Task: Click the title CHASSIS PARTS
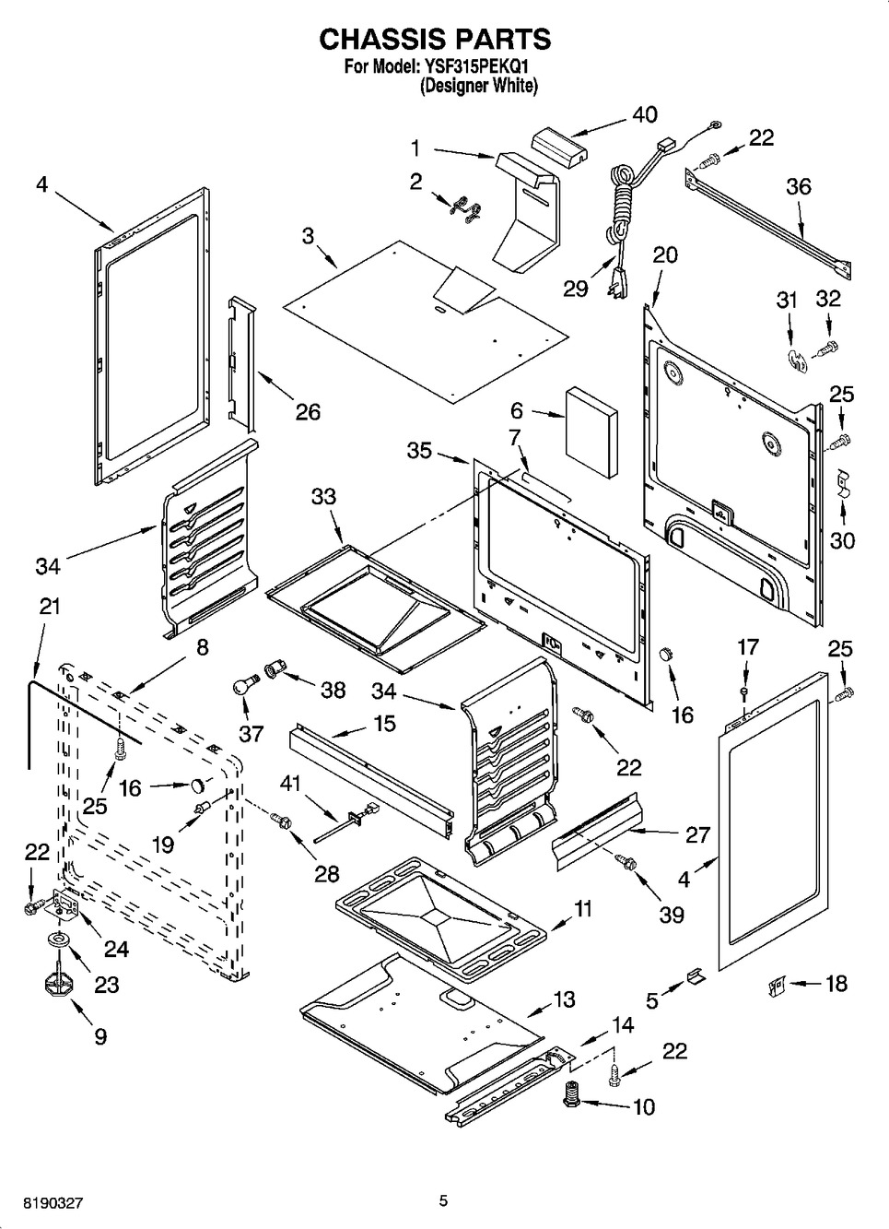[x=435, y=39]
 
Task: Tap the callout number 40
[x=645, y=115]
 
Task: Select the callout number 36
[x=798, y=186]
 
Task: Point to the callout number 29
[x=576, y=289]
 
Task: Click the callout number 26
[x=308, y=411]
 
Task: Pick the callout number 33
[x=323, y=497]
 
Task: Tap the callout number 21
[x=50, y=607]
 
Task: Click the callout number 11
[x=583, y=909]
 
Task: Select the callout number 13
[x=565, y=999]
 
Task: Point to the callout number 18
[x=836, y=984]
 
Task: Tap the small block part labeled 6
[x=590, y=431]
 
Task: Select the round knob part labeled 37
[x=245, y=687]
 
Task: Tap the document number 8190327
[x=45, y=1203]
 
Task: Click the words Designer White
[x=478, y=86]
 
